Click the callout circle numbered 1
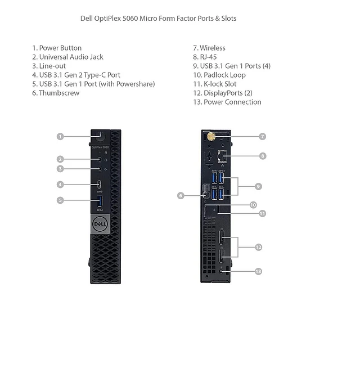60,136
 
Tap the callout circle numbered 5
60,200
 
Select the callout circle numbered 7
263,136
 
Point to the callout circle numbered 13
258,271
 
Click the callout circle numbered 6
181,195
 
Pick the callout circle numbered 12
258,247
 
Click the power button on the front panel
100,135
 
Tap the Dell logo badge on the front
100,223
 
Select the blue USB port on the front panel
100,200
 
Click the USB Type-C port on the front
100,184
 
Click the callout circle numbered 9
258,186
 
